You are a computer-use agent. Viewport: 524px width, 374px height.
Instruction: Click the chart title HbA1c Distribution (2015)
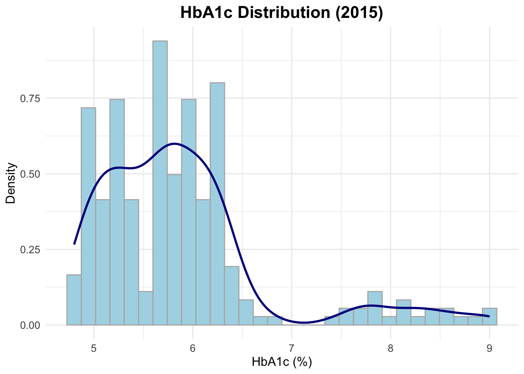(x=281, y=13)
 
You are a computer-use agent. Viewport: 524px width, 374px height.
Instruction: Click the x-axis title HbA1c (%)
(x=281, y=362)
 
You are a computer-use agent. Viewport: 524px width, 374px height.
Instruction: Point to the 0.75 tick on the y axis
(x=30, y=98)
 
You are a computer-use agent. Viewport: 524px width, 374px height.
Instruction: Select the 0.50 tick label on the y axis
(x=30, y=174)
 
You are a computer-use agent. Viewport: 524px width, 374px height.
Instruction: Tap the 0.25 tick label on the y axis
(x=30, y=249)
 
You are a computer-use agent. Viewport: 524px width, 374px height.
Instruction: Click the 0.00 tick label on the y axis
(x=30, y=325)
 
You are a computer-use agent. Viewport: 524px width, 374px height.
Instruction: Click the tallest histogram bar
(x=160, y=183)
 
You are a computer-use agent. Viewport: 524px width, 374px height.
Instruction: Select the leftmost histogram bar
(x=74, y=300)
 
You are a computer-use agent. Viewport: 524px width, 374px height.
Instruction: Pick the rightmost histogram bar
(x=489, y=316)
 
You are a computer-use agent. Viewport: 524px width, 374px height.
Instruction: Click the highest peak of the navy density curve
(x=174, y=143)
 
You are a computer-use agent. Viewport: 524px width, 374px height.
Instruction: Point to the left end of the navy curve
(x=74, y=244)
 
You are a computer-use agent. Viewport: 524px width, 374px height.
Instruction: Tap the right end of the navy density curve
(x=489, y=316)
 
